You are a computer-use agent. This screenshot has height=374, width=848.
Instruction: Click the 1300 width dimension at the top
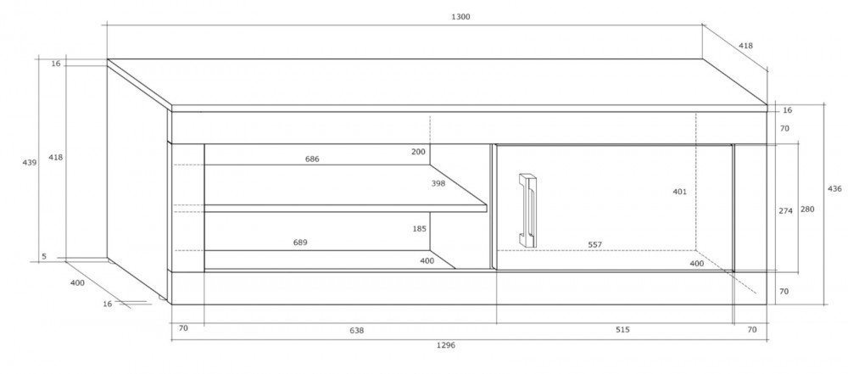click(460, 17)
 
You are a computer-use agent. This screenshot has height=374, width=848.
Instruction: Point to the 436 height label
click(835, 189)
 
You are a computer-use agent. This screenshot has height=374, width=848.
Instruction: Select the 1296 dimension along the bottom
click(446, 345)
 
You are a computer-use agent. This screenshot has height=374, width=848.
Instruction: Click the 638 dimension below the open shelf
click(357, 330)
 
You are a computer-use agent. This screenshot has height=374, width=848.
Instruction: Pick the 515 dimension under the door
click(623, 329)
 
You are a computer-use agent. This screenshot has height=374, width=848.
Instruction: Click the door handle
click(527, 209)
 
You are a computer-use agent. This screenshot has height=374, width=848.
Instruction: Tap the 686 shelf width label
click(312, 159)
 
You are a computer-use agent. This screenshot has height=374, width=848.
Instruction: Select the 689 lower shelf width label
click(300, 243)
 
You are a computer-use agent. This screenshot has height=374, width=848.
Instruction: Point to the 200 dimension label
click(418, 152)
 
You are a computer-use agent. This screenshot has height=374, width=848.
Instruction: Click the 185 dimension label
click(420, 229)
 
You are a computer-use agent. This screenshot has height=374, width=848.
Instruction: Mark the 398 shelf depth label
click(438, 183)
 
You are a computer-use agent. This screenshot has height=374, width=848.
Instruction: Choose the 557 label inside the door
click(595, 244)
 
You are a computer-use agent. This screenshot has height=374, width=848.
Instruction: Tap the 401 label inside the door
click(680, 192)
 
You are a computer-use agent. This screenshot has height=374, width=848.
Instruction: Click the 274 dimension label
click(786, 211)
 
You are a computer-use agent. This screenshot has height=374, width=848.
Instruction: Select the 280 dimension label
click(807, 209)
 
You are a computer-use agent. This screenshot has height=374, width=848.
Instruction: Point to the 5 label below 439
click(44, 257)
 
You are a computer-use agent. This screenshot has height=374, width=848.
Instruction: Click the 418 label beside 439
click(56, 158)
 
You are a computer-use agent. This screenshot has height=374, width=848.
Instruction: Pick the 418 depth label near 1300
click(745, 46)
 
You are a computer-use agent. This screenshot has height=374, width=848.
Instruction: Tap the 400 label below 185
click(427, 261)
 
